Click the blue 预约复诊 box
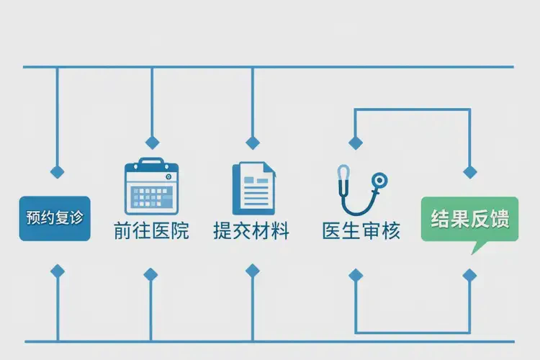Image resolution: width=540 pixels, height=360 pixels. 55,217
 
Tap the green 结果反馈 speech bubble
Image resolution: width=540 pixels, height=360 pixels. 469,219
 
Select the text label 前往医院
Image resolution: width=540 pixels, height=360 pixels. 151,232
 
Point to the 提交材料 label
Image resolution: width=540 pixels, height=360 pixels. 251,232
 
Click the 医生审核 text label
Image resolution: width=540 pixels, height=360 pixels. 361,232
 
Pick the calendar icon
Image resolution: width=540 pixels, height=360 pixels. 151,186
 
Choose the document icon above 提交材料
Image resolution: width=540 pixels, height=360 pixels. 253,188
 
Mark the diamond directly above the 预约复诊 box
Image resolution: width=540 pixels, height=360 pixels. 57,172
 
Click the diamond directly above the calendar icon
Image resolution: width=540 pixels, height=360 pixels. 151,143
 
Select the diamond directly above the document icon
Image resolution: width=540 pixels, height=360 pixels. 252,143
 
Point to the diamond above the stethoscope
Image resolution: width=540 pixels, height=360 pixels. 354,143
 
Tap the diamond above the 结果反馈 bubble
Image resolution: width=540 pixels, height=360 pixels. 470,172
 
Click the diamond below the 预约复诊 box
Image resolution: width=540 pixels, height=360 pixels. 57,271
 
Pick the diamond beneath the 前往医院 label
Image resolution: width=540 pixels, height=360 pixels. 150,274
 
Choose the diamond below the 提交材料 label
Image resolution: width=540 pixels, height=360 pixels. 252,271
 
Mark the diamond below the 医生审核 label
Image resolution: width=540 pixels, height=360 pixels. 355,274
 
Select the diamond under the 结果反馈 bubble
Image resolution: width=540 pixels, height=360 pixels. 469,274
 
